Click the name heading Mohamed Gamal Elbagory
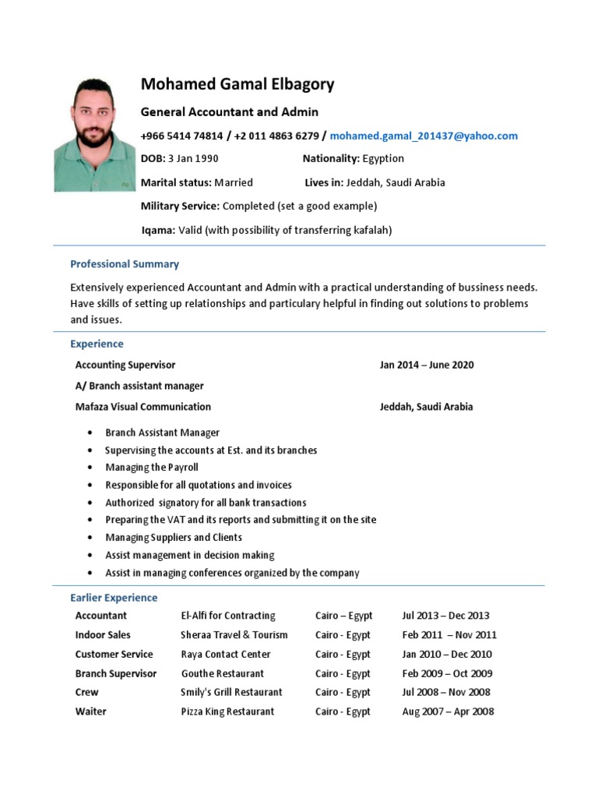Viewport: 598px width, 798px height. click(x=237, y=84)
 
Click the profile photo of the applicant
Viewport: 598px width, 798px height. click(x=94, y=134)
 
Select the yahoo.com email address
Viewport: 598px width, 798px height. click(x=424, y=136)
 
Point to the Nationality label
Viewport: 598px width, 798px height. click(x=331, y=159)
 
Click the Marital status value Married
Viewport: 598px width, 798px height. click(x=234, y=182)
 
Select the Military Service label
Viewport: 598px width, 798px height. click(x=180, y=207)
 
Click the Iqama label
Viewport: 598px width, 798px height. click(x=158, y=230)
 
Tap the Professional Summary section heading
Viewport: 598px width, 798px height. click(x=125, y=264)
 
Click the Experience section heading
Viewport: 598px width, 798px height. click(x=97, y=344)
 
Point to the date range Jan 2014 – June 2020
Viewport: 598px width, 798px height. click(x=426, y=365)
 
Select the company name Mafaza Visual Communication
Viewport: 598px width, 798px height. click(x=142, y=407)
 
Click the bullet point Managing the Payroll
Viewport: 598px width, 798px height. click(x=152, y=468)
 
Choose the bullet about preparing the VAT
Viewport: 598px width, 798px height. click(x=241, y=520)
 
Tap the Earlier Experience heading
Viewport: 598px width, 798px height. click(x=114, y=598)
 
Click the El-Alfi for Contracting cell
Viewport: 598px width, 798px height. click(x=228, y=616)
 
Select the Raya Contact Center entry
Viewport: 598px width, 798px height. click(x=226, y=655)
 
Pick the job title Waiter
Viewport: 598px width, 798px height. click(x=91, y=711)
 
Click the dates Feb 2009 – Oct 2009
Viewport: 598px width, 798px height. click(x=447, y=674)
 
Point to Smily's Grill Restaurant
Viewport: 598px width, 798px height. click(x=231, y=692)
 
